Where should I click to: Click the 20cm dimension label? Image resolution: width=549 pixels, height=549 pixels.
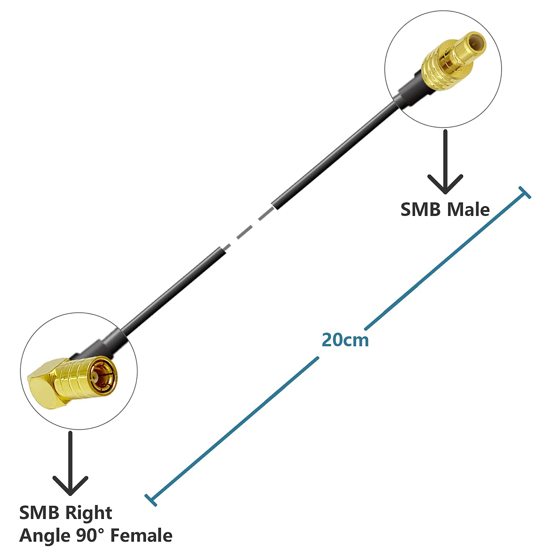[345, 340]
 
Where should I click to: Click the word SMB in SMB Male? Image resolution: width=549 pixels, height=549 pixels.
[421, 210]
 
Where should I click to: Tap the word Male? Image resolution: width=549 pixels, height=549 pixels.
[468, 210]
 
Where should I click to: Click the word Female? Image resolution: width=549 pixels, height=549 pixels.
[141, 536]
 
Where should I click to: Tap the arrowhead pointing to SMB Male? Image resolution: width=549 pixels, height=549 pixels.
[445, 185]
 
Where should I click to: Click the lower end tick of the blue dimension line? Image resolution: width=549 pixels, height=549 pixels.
[151, 500]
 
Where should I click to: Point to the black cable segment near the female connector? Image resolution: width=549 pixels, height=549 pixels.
[172, 289]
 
